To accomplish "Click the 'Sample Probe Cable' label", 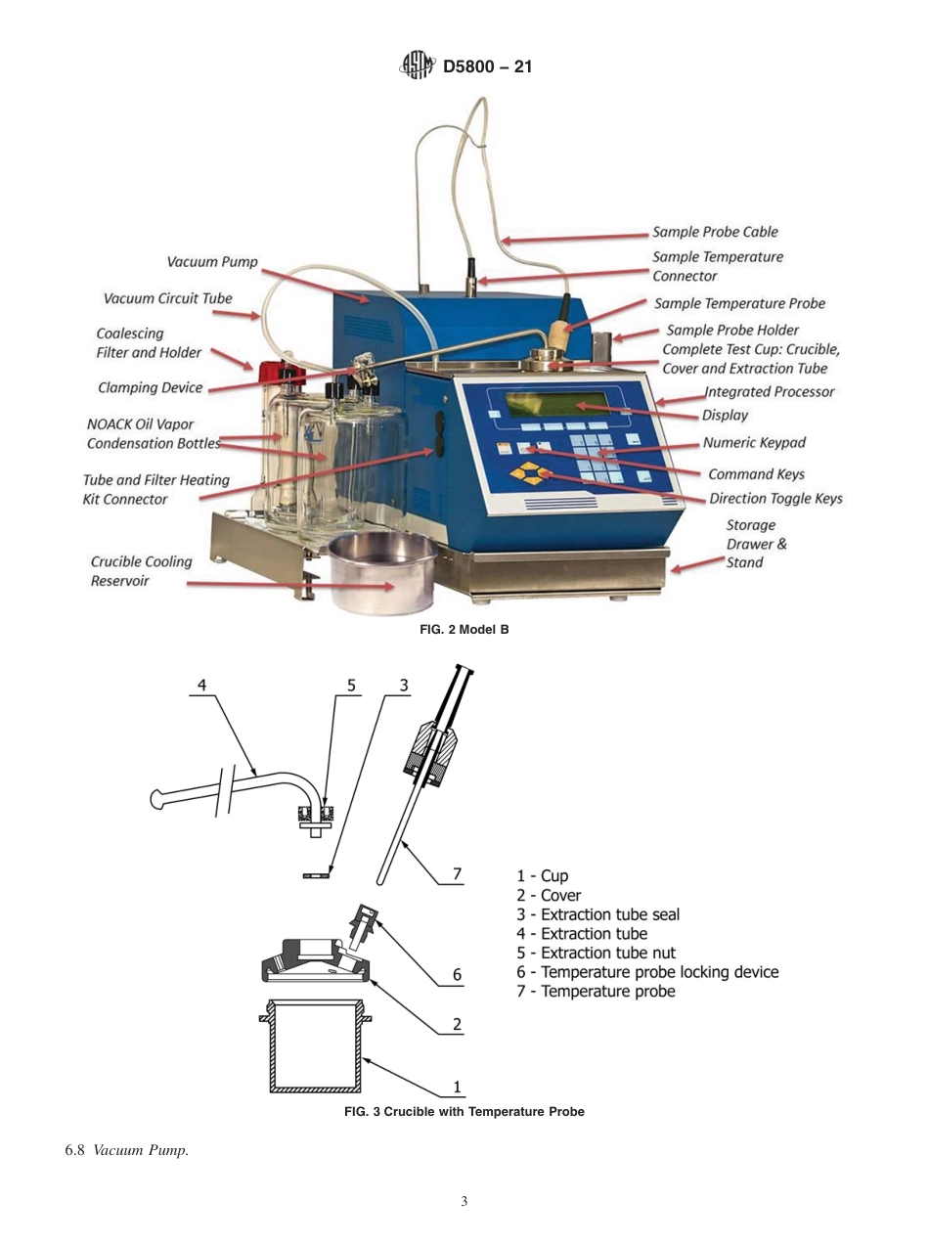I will [x=716, y=233].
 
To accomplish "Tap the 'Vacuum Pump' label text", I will [x=212, y=262].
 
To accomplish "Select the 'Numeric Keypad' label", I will [x=754, y=443].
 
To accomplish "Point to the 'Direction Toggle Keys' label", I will [x=775, y=499].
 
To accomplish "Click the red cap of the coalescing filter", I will [x=270, y=372].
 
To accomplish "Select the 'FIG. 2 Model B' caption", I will [x=464, y=630].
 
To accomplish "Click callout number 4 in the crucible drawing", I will [x=202, y=685].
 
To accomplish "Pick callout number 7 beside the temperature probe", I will [x=457, y=873].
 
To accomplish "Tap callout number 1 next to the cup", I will [x=457, y=1086].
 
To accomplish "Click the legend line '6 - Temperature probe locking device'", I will [x=647, y=972].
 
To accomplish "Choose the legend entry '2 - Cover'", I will [x=549, y=896].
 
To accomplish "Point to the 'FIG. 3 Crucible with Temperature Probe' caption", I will [x=464, y=1112].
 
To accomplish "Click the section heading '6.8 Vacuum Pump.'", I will [x=126, y=1150].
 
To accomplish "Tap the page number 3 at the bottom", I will [x=464, y=1202].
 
